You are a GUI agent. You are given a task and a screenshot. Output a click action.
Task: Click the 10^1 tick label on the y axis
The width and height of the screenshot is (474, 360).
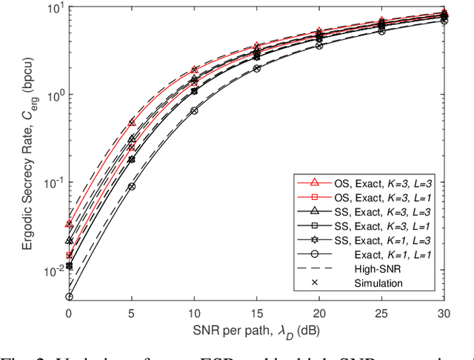53,9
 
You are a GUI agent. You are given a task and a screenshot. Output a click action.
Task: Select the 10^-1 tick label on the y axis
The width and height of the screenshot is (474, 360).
51,183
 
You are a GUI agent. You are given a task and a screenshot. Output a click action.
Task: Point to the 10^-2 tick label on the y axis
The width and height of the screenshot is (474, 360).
51,270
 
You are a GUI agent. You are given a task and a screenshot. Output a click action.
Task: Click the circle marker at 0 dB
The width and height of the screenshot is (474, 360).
69,296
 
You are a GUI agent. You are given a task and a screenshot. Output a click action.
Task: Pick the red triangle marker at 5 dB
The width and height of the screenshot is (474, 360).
132,122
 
